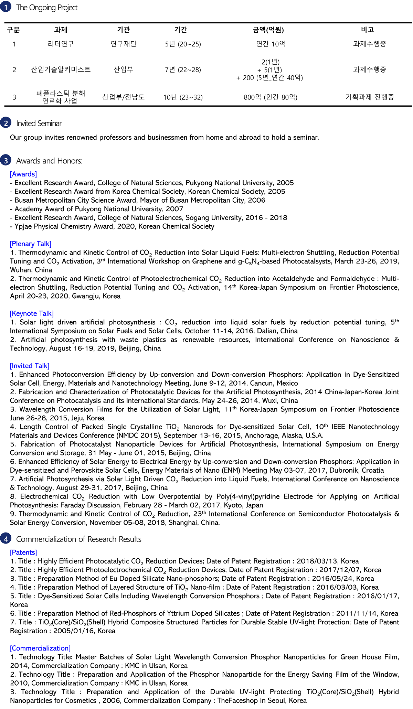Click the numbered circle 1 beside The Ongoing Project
6,7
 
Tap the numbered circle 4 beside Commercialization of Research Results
6,539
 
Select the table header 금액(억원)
268,30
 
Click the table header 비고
367,30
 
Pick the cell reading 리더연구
61,44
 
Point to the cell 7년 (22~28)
183,70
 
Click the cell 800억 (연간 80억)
271,97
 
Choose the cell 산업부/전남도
124,97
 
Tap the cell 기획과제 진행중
370,97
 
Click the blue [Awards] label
23,174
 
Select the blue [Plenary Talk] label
31,244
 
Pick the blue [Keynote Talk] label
32,313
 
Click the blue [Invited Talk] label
30,366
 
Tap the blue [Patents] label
23,552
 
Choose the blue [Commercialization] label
40,648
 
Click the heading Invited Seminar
39,123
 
